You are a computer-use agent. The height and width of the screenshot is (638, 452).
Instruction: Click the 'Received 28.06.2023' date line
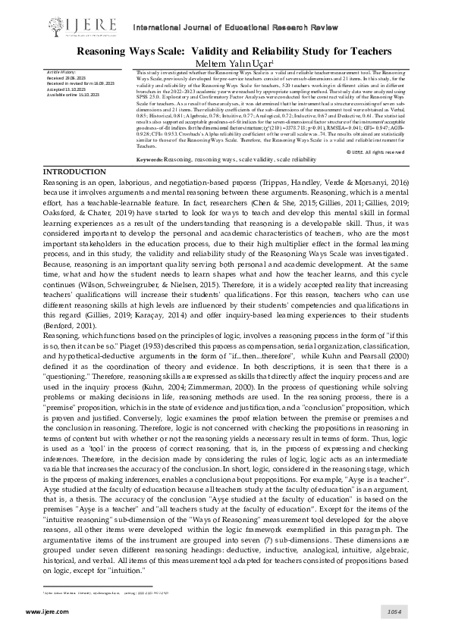coord(67,77)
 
